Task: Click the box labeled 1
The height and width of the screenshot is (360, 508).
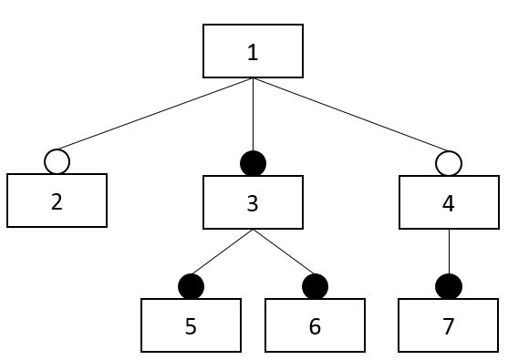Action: (x=253, y=51)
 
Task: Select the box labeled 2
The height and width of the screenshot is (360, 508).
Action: (x=57, y=201)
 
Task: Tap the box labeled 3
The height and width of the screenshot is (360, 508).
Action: (x=253, y=202)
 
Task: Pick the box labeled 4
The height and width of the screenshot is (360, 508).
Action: (x=448, y=202)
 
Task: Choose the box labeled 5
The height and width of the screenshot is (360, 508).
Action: (x=191, y=325)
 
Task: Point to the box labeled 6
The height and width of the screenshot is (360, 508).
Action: (x=315, y=325)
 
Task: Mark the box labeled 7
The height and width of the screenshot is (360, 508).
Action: (x=448, y=325)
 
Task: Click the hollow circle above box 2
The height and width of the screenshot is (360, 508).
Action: (x=57, y=162)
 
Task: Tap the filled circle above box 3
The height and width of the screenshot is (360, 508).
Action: (x=253, y=164)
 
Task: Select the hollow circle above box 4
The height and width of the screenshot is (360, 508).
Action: (x=448, y=164)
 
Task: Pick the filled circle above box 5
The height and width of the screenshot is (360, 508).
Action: (x=191, y=286)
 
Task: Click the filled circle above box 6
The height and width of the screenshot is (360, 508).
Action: (x=315, y=286)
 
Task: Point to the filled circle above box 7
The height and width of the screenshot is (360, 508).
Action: (x=448, y=286)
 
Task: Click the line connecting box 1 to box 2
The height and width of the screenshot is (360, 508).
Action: (x=155, y=115)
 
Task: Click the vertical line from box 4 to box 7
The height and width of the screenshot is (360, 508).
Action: (x=448, y=251)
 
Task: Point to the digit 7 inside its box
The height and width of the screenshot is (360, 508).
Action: (x=448, y=325)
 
